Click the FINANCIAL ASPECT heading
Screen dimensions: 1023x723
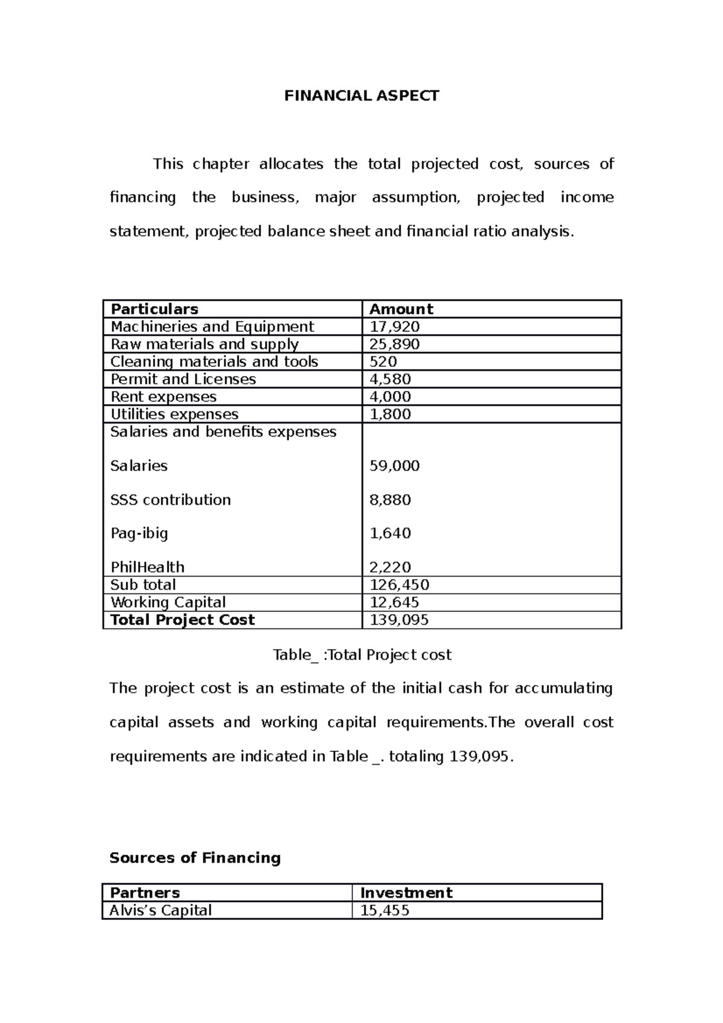pos(361,96)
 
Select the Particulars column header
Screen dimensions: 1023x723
pos(154,309)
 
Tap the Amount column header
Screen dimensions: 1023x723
pos(401,309)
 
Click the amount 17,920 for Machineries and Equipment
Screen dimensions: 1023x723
pos(394,327)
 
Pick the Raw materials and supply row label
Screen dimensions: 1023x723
pos(204,344)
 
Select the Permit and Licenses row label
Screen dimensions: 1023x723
pos(183,379)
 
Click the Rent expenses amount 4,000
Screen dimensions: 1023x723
pos(390,396)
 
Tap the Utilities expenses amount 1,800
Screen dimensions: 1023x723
pos(390,414)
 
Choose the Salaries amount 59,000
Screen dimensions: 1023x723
pos(394,466)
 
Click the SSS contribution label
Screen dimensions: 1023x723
pos(171,499)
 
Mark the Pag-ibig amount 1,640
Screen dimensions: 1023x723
pos(390,533)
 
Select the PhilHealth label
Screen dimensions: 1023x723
pos(148,567)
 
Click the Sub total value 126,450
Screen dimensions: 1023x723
pos(399,584)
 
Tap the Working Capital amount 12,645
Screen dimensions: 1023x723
pos(394,602)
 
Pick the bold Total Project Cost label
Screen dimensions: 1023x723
pos(183,619)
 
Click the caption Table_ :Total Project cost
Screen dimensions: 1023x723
pos(361,655)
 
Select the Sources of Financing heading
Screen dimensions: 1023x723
pos(195,857)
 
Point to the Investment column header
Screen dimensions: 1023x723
pos(406,892)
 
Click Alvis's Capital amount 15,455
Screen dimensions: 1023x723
pos(384,910)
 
